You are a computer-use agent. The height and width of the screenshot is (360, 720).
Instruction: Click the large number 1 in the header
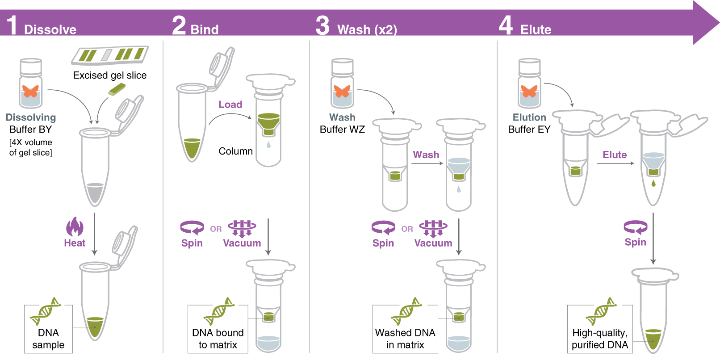tap(12, 25)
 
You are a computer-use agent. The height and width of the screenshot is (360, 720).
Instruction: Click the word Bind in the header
tap(205, 30)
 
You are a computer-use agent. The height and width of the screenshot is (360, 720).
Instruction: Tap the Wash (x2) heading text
tap(367, 30)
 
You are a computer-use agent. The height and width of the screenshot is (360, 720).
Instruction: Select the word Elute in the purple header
tap(536, 30)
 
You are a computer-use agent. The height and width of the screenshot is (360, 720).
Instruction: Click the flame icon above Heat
tap(75, 227)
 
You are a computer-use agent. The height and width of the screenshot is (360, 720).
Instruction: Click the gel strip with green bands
tap(110, 55)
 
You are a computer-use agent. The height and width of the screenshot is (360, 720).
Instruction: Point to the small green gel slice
tap(117, 89)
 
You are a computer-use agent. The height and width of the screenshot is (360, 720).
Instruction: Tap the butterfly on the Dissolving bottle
tap(30, 91)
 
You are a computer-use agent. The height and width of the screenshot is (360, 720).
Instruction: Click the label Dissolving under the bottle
tap(31, 117)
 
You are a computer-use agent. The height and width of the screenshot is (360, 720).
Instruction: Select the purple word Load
tap(230, 105)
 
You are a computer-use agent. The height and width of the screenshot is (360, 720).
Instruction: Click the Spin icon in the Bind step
tap(192, 227)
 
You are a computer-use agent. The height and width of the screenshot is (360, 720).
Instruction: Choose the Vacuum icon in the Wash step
tap(433, 228)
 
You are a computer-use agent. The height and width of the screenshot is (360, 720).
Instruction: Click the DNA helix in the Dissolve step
tap(46, 311)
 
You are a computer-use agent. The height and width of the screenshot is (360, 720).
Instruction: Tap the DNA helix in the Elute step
tap(601, 311)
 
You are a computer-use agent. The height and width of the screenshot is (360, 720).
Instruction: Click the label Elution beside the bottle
tap(529, 117)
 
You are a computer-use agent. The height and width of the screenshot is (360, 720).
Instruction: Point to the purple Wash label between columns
tap(426, 155)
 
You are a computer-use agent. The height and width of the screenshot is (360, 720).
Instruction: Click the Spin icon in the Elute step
tap(635, 227)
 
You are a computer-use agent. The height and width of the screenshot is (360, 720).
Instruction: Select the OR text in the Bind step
tap(216, 229)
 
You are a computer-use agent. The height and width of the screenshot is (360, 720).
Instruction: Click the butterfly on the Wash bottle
tap(342, 91)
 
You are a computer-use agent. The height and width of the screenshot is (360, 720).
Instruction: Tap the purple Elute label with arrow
tap(614, 155)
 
